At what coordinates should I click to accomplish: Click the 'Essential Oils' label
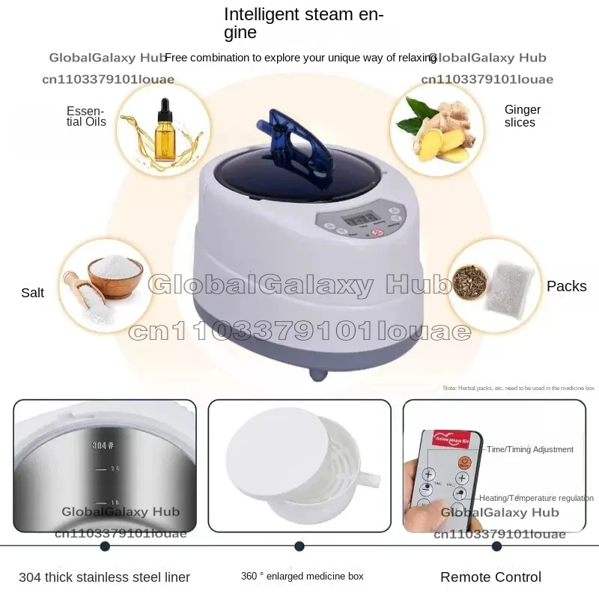pyautogui.click(x=87, y=116)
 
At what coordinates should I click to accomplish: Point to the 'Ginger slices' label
pyautogui.click(x=522, y=116)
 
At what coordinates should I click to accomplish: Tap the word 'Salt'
pyautogui.click(x=33, y=293)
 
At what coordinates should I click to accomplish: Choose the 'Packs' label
pyautogui.click(x=566, y=286)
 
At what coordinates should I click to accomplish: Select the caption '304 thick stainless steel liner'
pyautogui.click(x=104, y=577)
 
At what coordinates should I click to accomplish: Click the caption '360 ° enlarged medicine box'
pyautogui.click(x=302, y=577)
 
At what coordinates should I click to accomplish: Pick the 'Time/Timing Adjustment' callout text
pyautogui.click(x=530, y=449)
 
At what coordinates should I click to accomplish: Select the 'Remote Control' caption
pyautogui.click(x=490, y=577)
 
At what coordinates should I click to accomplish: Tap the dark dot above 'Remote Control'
pyautogui.click(x=496, y=547)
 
